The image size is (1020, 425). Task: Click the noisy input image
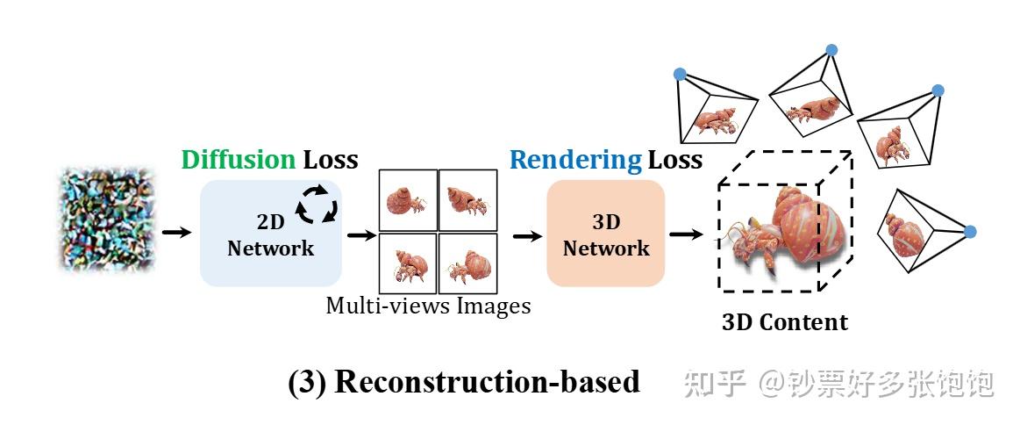[x=106, y=220]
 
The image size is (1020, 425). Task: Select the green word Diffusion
[x=238, y=160]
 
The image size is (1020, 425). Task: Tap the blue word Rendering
[x=575, y=160]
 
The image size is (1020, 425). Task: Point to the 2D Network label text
[x=270, y=235]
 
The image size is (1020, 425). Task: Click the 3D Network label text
[x=606, y=235]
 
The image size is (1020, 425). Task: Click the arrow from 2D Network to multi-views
[x=359, y=234]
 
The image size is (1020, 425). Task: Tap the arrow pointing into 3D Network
[x=526, y=234]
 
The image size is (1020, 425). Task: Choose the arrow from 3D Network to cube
[x=687, y=234]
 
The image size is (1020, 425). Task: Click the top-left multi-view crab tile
[x=407, y=200]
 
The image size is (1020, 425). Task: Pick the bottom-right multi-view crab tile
[x=467, y=263]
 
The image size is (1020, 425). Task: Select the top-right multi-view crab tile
[x=467, y=200]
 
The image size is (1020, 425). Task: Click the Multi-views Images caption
[x=428, y=306]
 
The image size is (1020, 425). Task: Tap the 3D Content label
[x=785, y=322]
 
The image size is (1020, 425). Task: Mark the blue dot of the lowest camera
[x=970, y=232]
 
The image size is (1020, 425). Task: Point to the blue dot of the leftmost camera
[x=680, y=75]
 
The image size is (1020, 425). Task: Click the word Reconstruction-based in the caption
[x=487, y=383]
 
